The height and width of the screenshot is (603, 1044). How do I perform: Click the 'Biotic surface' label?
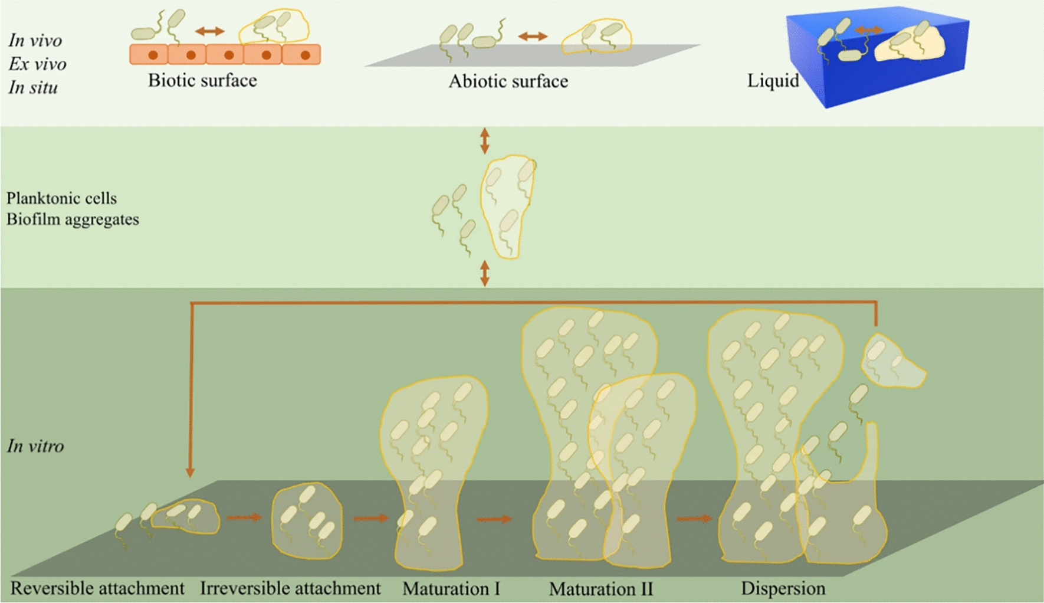tap(202, 80)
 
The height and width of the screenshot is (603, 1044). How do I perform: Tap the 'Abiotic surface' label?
tap(508, 81)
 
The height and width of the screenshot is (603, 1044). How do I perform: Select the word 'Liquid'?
tap(773, 80)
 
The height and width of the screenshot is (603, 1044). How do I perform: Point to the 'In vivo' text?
tap(35, 40)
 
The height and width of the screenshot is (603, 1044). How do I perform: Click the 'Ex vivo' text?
tap(37, 64)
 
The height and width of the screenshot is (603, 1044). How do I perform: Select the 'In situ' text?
tap(33, 87)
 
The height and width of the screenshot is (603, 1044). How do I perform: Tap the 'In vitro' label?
tap(35, 446)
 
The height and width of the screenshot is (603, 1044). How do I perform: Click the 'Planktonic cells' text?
tap(61, 198)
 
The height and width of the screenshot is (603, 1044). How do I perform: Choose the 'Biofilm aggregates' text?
tap(73, 219)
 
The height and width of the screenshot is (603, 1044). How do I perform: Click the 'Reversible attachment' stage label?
tap(97, 588)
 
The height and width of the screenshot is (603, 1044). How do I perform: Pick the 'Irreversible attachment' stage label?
tap(290, 588)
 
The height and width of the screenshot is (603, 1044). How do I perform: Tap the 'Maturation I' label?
tap(451, 589)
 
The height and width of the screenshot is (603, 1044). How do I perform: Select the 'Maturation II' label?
tap(601, 589)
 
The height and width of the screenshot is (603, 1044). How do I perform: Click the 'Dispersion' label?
tap(783, 588)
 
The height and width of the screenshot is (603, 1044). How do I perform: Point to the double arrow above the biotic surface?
tap(210, 31)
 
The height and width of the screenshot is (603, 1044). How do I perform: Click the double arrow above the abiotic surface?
tap(533, 37)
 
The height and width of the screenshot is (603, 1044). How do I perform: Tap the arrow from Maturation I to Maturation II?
tap(494, 519)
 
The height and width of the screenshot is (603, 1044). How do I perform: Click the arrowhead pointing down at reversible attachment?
tap(190, 472)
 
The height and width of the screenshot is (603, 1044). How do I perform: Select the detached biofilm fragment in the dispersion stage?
tap(891, 361)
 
